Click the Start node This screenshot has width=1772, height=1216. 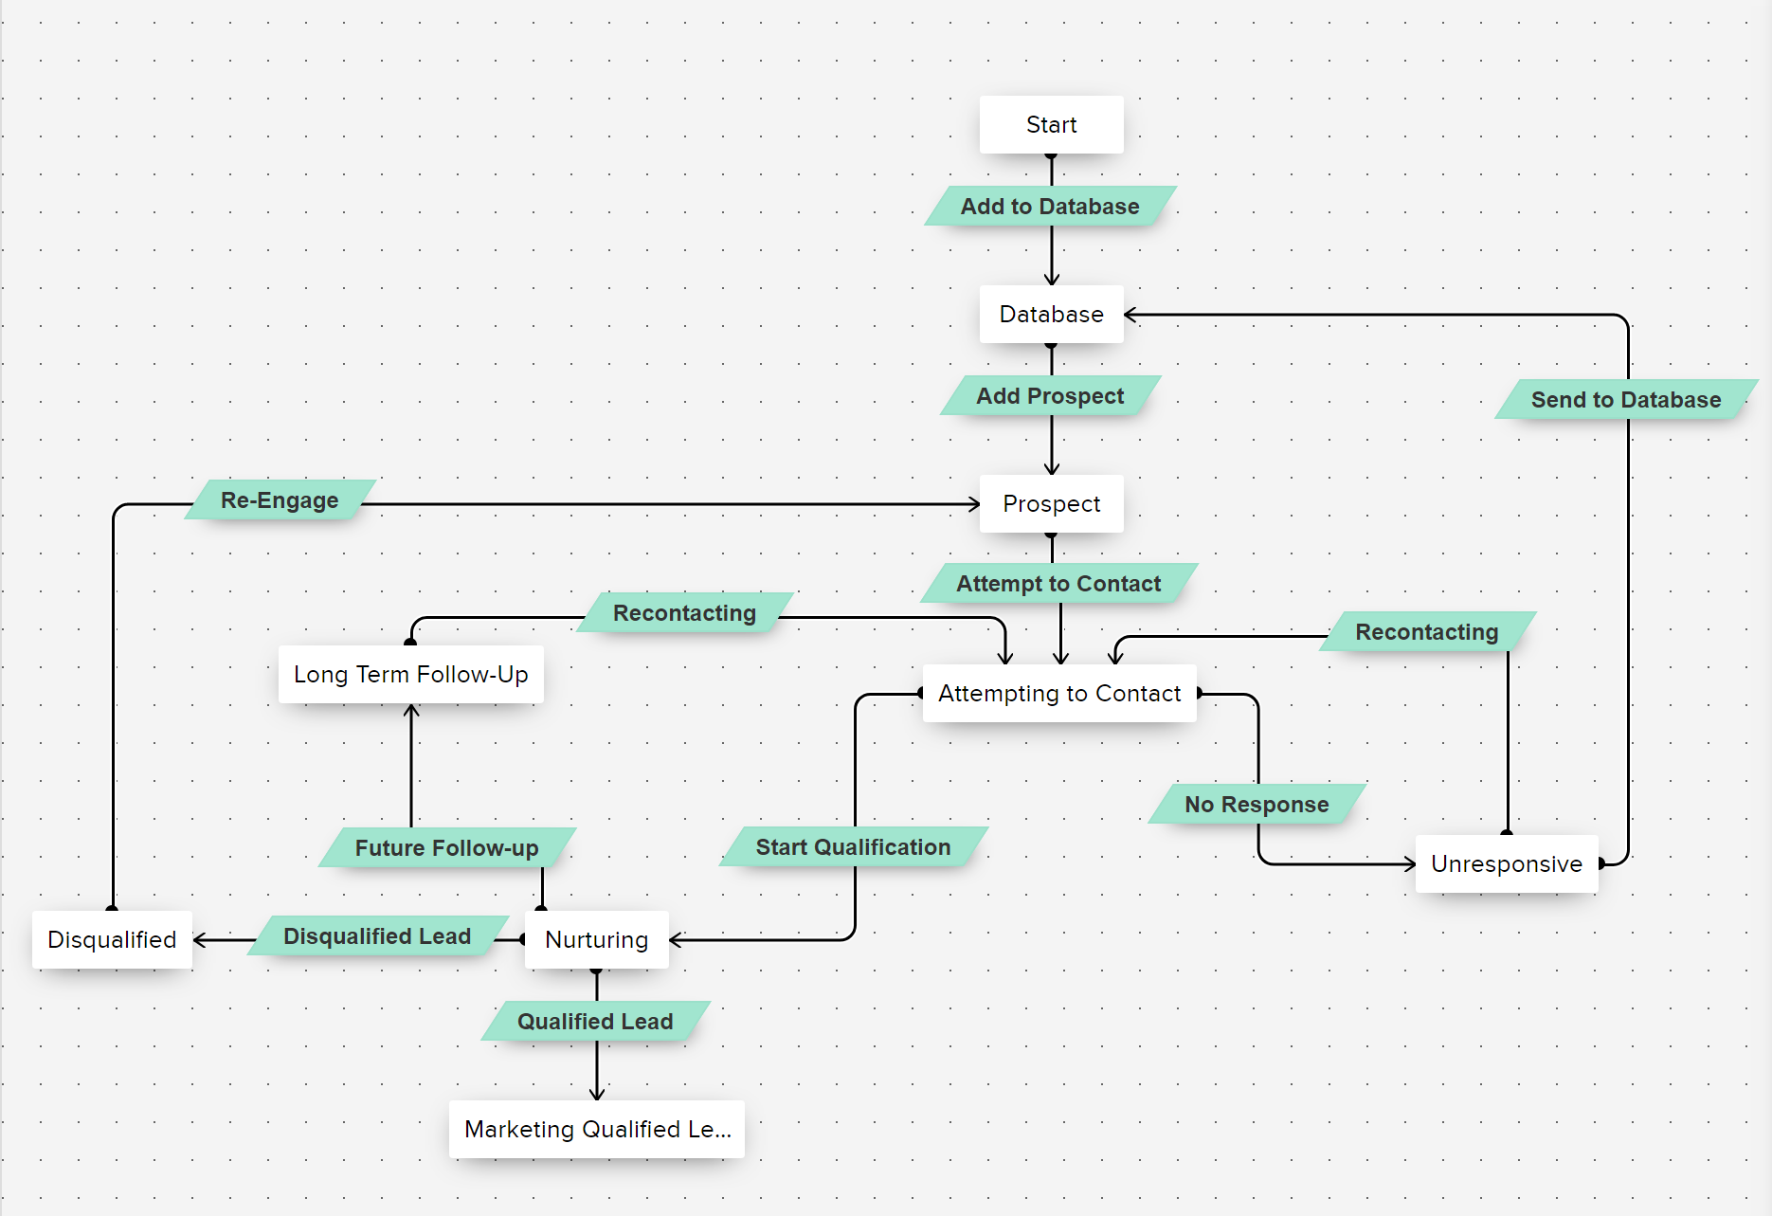(1051, 124)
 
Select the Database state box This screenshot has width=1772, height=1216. (1051, 314)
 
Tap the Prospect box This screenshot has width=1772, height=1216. (1051, 503)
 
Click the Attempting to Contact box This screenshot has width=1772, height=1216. (1058, 693)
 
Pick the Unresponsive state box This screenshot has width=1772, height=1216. (1506, 863)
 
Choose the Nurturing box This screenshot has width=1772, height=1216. (596, 939)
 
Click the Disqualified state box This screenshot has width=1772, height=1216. (112, 939)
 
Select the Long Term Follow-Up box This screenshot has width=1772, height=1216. (410, 674)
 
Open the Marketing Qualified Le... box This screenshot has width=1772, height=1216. (596, 1129)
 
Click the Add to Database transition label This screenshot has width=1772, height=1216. (1050, 206)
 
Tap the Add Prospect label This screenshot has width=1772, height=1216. (1050, 395)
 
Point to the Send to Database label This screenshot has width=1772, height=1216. (1626, 399)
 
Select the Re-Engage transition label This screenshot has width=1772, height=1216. (280, 499)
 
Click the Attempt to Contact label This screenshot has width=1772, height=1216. (1058, 583)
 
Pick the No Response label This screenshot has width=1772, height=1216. (1257, 804)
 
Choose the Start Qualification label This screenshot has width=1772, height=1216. (853, 846)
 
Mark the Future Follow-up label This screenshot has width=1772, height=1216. (446, 847)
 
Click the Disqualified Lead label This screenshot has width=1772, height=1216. (377, 935)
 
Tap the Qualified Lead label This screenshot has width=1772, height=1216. (595, 1021)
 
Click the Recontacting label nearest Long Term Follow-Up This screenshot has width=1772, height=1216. (684, 612)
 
